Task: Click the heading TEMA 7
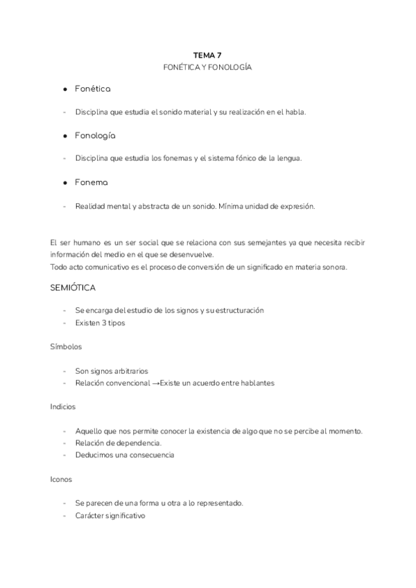tap(207, 55)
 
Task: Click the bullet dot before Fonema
tap(64, 182)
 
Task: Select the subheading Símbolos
tap(65, 347)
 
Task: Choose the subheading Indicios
tap(63, 406)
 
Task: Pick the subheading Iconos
tap(61, 479)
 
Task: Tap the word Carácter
tap(91, 515)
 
